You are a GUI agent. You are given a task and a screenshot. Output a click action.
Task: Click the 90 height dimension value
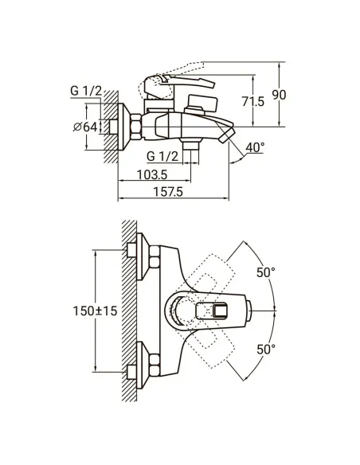pos(279,94)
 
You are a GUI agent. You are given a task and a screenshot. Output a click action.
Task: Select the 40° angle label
pos(256,149)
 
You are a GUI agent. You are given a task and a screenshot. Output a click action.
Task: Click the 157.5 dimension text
pos(168,193)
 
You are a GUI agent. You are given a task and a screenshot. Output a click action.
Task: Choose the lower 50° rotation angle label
pos(266,349)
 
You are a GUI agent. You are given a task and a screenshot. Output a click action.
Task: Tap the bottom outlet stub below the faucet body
pos(190,147)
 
